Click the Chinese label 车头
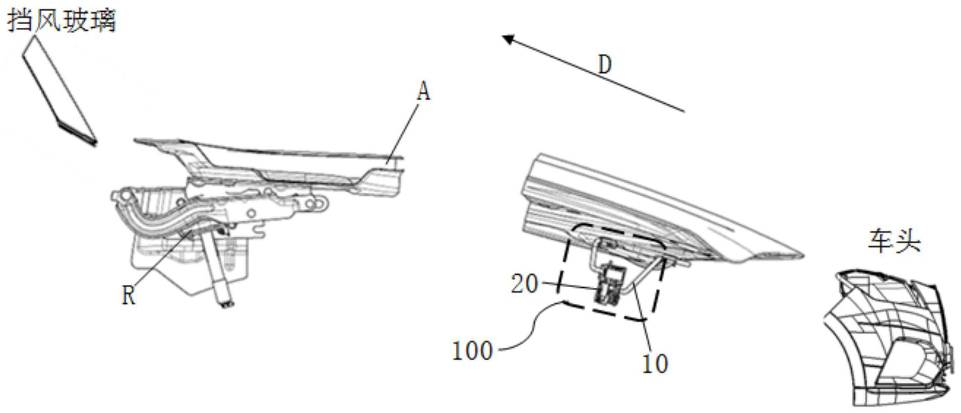pyautogui.click(x=894, y=241)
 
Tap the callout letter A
pyautogui.click(x=424, y=92)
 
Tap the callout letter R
pyautogui.click(x=129, y=295)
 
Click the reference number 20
pyautogui.click(x=524, y=284)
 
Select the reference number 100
pyautogui.click(x=472, y=351)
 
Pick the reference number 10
pyautogui.click(x=655, y=364)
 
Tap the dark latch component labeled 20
pyautogui.click(x=610, y=284)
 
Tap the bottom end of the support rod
pyautogui.click(x=225, y=302)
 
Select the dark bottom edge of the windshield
pyautogui.click(x=78, y=133)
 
